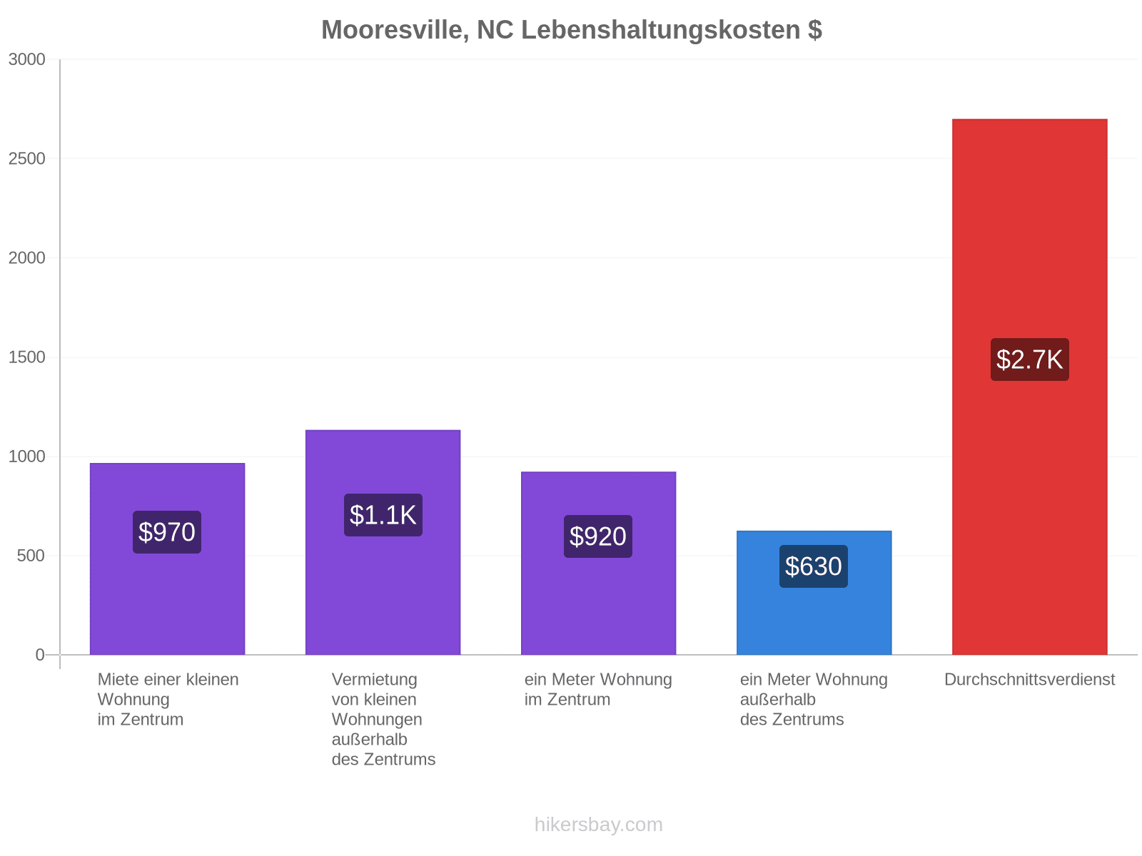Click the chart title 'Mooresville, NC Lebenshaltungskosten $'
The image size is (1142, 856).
[571, 30]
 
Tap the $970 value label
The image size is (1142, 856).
[166, 531]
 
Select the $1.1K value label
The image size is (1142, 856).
[383, 514]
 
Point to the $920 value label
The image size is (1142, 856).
[597, 536]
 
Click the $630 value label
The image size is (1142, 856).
[813, 566]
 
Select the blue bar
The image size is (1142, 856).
[813, 593]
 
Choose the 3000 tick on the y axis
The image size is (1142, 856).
[26, 59]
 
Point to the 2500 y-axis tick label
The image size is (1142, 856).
[26, 158]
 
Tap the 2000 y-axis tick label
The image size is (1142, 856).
[26, 258]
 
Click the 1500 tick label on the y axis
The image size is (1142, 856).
[26, 357]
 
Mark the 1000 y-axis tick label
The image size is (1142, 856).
[26, 457]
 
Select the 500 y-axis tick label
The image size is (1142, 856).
[31, 556]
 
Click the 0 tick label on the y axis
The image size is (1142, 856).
[40, 655]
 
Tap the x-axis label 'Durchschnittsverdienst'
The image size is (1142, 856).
[1029, 679]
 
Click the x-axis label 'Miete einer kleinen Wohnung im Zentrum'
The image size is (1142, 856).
[168, 699]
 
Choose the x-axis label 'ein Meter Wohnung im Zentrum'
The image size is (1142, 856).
[597, 689]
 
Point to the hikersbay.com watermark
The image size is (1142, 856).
[598, 825]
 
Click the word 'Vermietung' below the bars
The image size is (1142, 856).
[374, 679]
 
